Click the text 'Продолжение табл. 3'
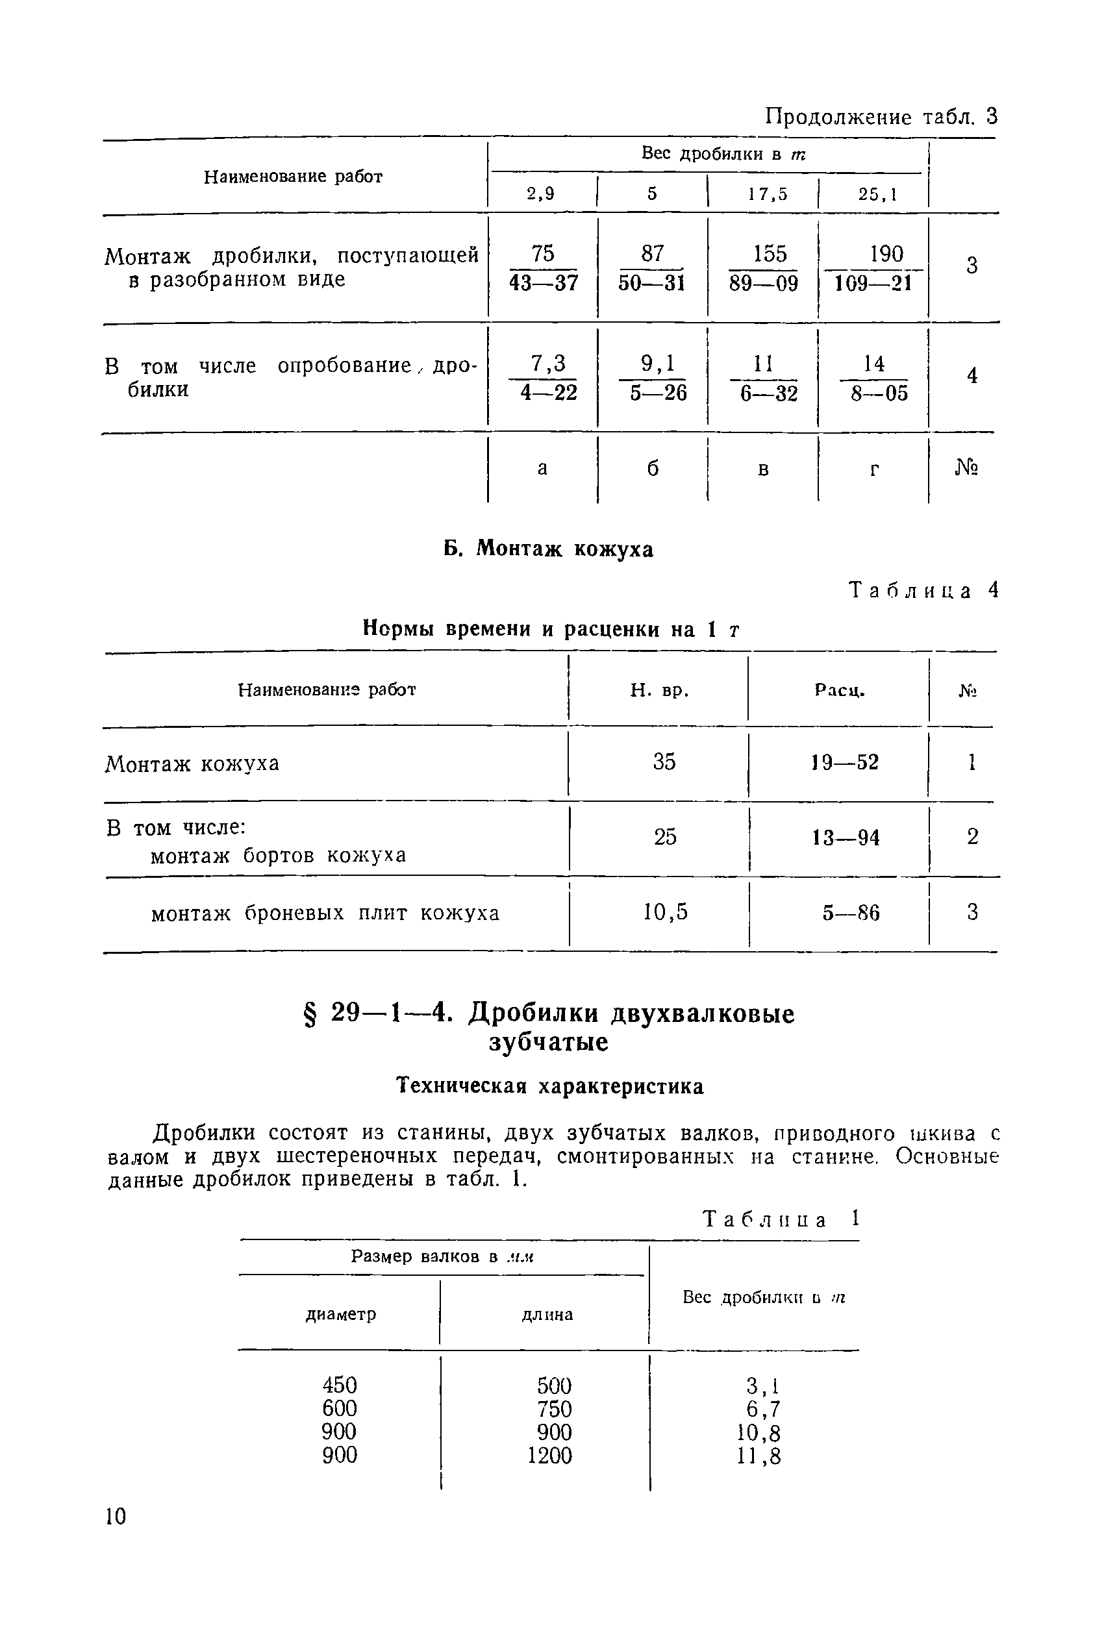pos(881,116)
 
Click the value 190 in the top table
pos(886,253)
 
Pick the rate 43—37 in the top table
pos(544,282)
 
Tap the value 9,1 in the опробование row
pos(658,363)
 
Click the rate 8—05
pos(879,393)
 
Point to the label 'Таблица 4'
pos(923,590)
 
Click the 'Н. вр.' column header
pos(659,690)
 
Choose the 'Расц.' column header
pos(839,690)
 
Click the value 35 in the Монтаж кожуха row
pos(664,762)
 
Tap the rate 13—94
pos(846,838)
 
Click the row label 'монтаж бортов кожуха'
pos(279,855)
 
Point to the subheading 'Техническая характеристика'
pos(550,1086)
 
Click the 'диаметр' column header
pos(341,1314)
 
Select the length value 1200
pos(550,1455)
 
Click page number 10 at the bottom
pos(116,1516)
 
